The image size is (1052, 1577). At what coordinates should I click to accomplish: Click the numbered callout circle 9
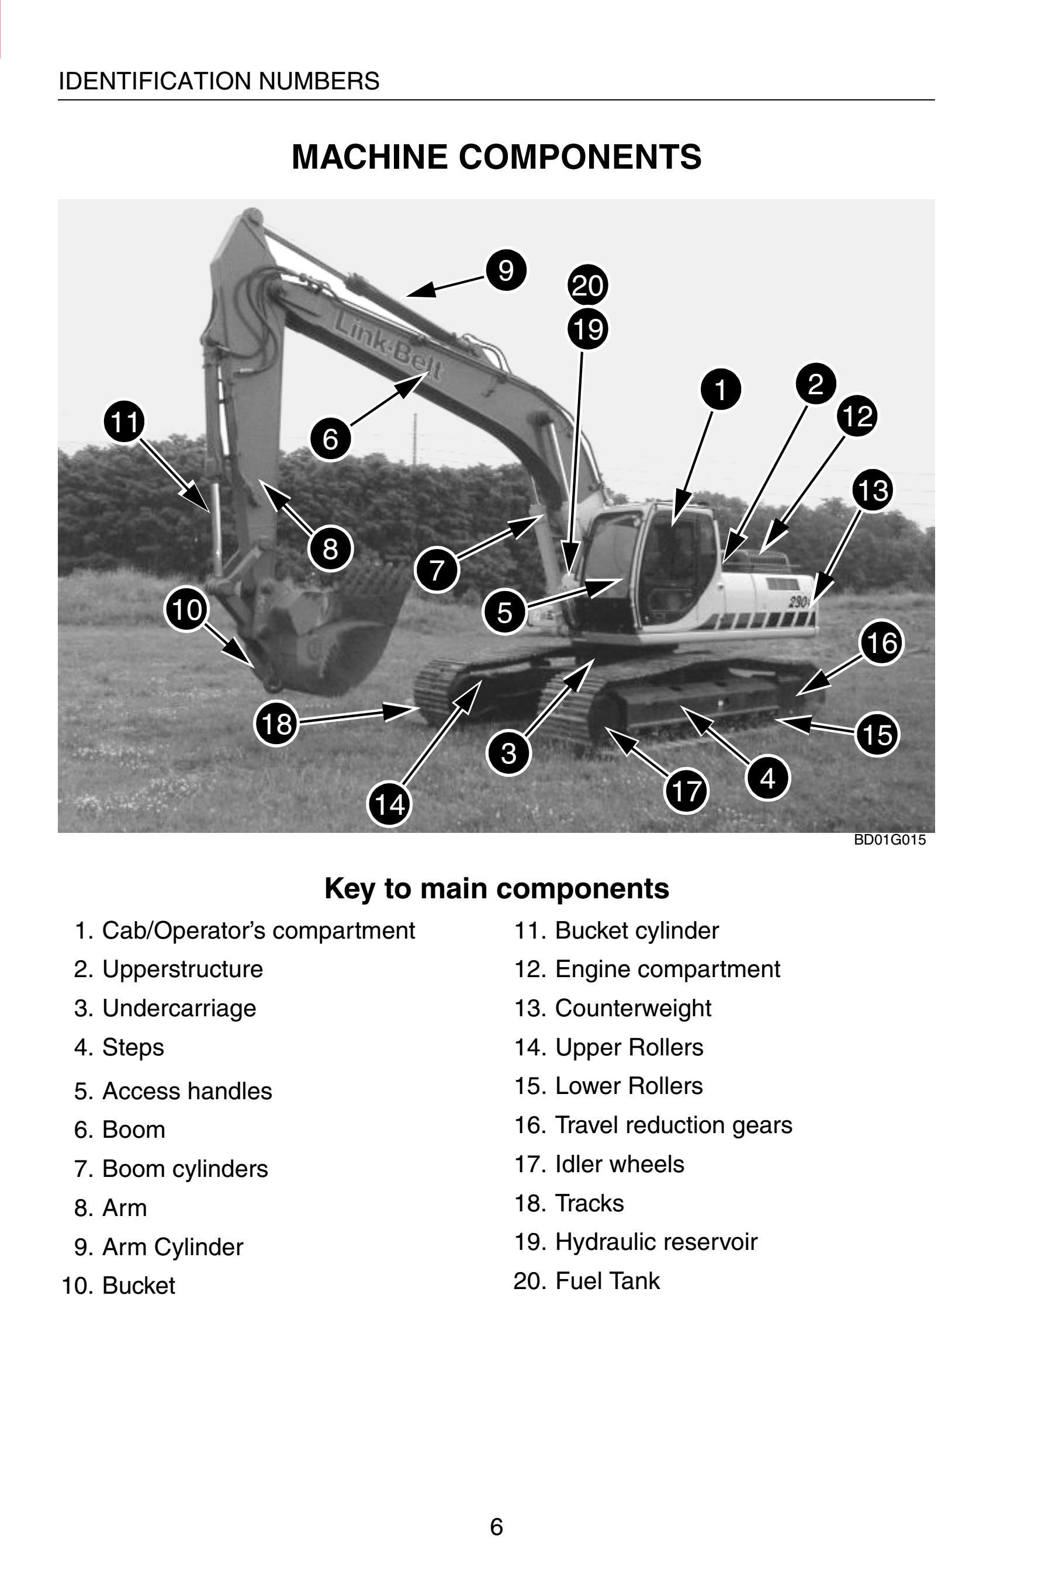coord(506,270)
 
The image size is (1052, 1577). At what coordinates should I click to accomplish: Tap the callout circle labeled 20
coord(588,286)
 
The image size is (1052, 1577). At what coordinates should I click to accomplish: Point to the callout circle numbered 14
coord(389,803)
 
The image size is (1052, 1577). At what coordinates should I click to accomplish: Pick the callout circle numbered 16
coord(881,643)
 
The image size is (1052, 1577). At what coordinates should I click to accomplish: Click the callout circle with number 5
coord(504,612)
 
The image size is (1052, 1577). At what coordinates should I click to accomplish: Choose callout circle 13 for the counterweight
coord(872,490)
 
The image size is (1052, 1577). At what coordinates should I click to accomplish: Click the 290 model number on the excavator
coord(798,602)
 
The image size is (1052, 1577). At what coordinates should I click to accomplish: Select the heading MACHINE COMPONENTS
coord(496,157)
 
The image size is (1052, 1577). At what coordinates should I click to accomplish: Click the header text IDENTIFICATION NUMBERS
coord(219,81)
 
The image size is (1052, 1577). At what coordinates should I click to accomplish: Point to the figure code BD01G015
coord(890,840)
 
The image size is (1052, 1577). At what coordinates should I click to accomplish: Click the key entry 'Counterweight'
coord(633,1008)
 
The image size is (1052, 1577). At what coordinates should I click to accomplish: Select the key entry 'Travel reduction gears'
coord(674,1124)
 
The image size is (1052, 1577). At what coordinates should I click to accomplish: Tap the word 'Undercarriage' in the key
coord(179,1008)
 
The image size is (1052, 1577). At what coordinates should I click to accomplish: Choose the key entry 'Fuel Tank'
coord(607,1281)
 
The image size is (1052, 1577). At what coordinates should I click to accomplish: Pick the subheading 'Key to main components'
coord(496,888)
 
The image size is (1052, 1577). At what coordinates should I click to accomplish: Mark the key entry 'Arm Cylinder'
coord(172,1246)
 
